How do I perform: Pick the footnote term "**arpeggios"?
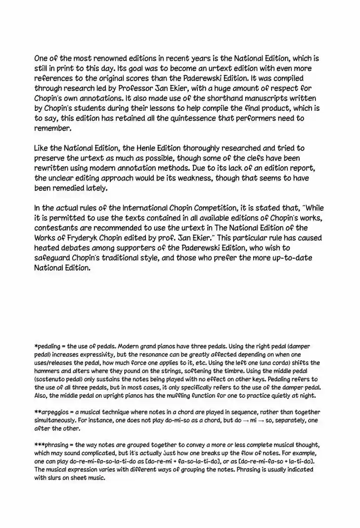point(55,412)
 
